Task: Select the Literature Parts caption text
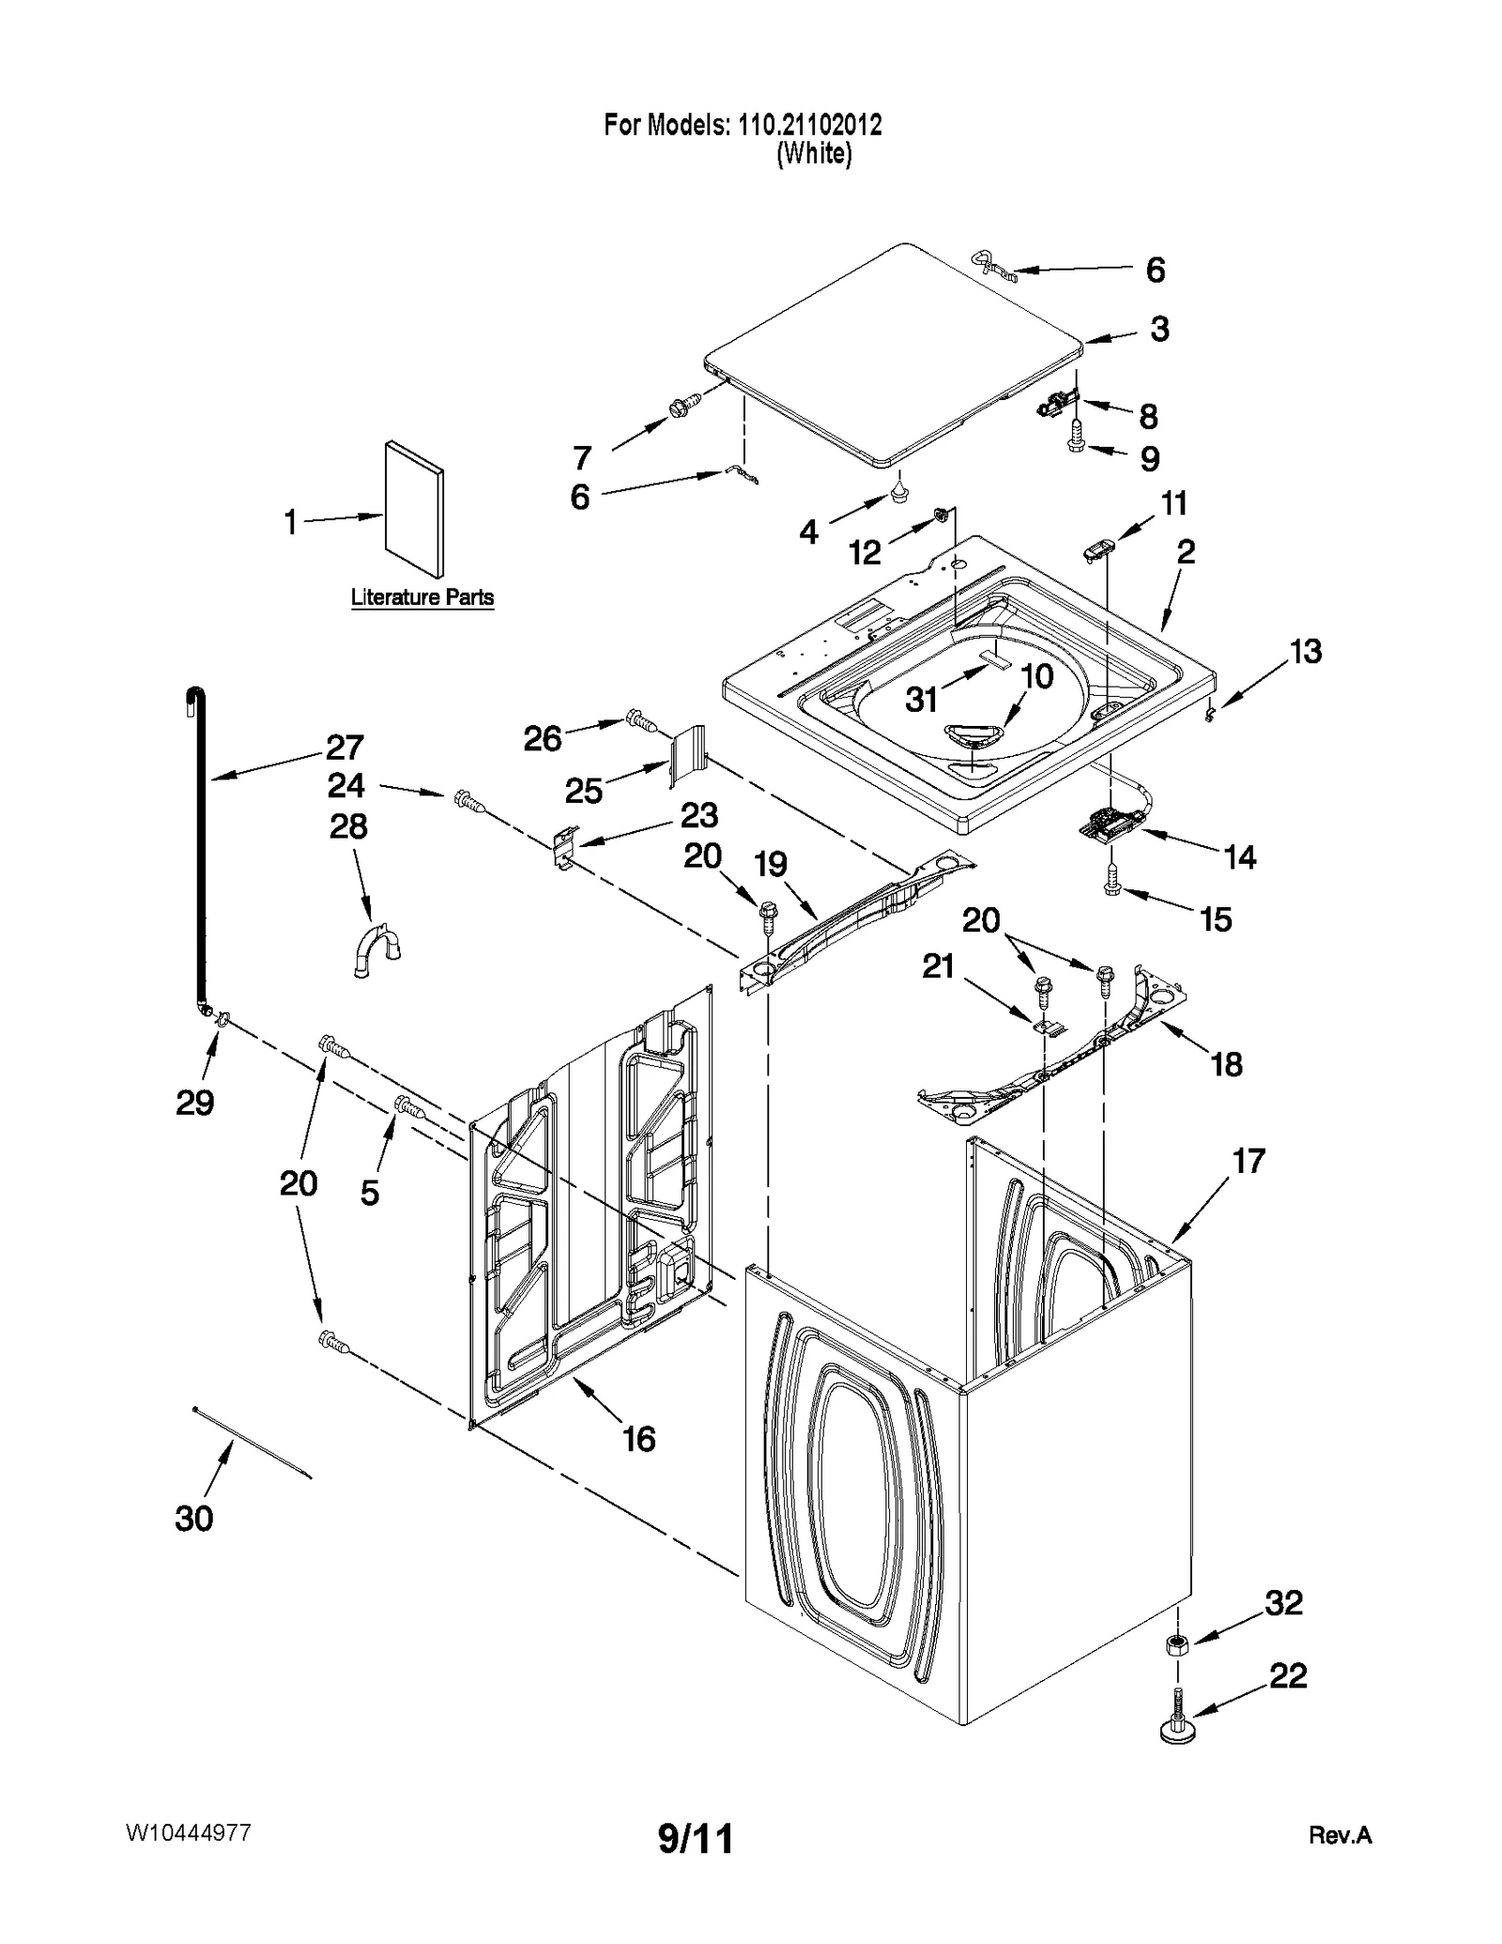[x=421, y=597]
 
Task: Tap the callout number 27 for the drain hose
[x=345, y=747]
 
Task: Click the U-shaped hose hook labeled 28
[x=376, y=950]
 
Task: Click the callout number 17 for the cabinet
[x=1249, y=1161]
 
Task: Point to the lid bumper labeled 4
[x=899, y=491]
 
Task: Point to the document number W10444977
[x=188, y=1832]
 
